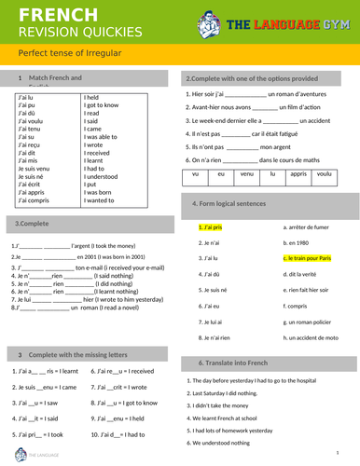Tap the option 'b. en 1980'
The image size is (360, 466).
298,242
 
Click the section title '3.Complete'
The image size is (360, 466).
32,224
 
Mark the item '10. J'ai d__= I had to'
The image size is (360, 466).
120,434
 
